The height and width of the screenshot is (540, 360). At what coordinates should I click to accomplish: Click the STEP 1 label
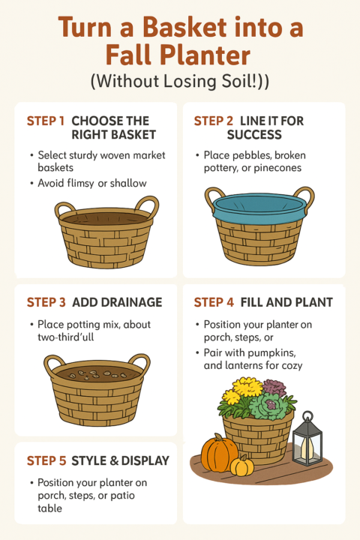tap(46, 121)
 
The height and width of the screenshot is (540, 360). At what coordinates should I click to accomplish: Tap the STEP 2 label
tap(213, 121)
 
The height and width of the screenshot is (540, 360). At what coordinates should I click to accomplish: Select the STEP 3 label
tap(46, 302)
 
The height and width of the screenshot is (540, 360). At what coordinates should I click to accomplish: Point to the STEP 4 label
tap(214, 302)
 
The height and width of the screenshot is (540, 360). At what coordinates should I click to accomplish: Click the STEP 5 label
tap(46, 460)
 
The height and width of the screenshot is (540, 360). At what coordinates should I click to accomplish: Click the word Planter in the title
tap(178, 55)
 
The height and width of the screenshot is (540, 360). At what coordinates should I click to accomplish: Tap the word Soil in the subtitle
tap(235, 81)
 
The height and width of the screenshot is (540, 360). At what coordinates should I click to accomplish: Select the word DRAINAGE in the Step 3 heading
tap(117, 302)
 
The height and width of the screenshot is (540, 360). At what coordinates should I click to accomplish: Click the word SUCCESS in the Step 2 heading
tap(254, 135)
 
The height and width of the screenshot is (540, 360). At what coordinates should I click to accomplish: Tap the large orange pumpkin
tap(219, 452)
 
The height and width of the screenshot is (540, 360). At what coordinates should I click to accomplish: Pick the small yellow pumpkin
tap(242, 466)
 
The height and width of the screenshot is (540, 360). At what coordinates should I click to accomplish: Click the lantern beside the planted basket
tap(307, 438)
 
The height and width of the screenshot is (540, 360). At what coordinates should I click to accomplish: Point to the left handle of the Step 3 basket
tap(52, 364)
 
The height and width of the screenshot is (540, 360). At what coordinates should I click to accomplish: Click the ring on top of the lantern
tap(307, 416)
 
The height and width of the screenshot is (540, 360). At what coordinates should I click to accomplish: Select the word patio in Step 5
tap(122, 496)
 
